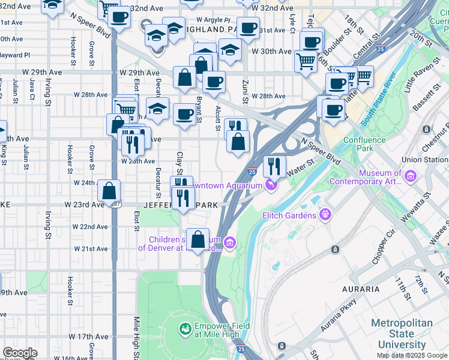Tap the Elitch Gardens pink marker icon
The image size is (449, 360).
326,214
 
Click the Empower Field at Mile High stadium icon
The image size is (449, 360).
185,329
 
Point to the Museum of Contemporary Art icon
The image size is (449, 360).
411,176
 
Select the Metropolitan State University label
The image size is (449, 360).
401,334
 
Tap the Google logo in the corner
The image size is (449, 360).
20,353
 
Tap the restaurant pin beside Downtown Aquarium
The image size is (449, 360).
274,166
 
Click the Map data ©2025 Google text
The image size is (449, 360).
412,355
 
